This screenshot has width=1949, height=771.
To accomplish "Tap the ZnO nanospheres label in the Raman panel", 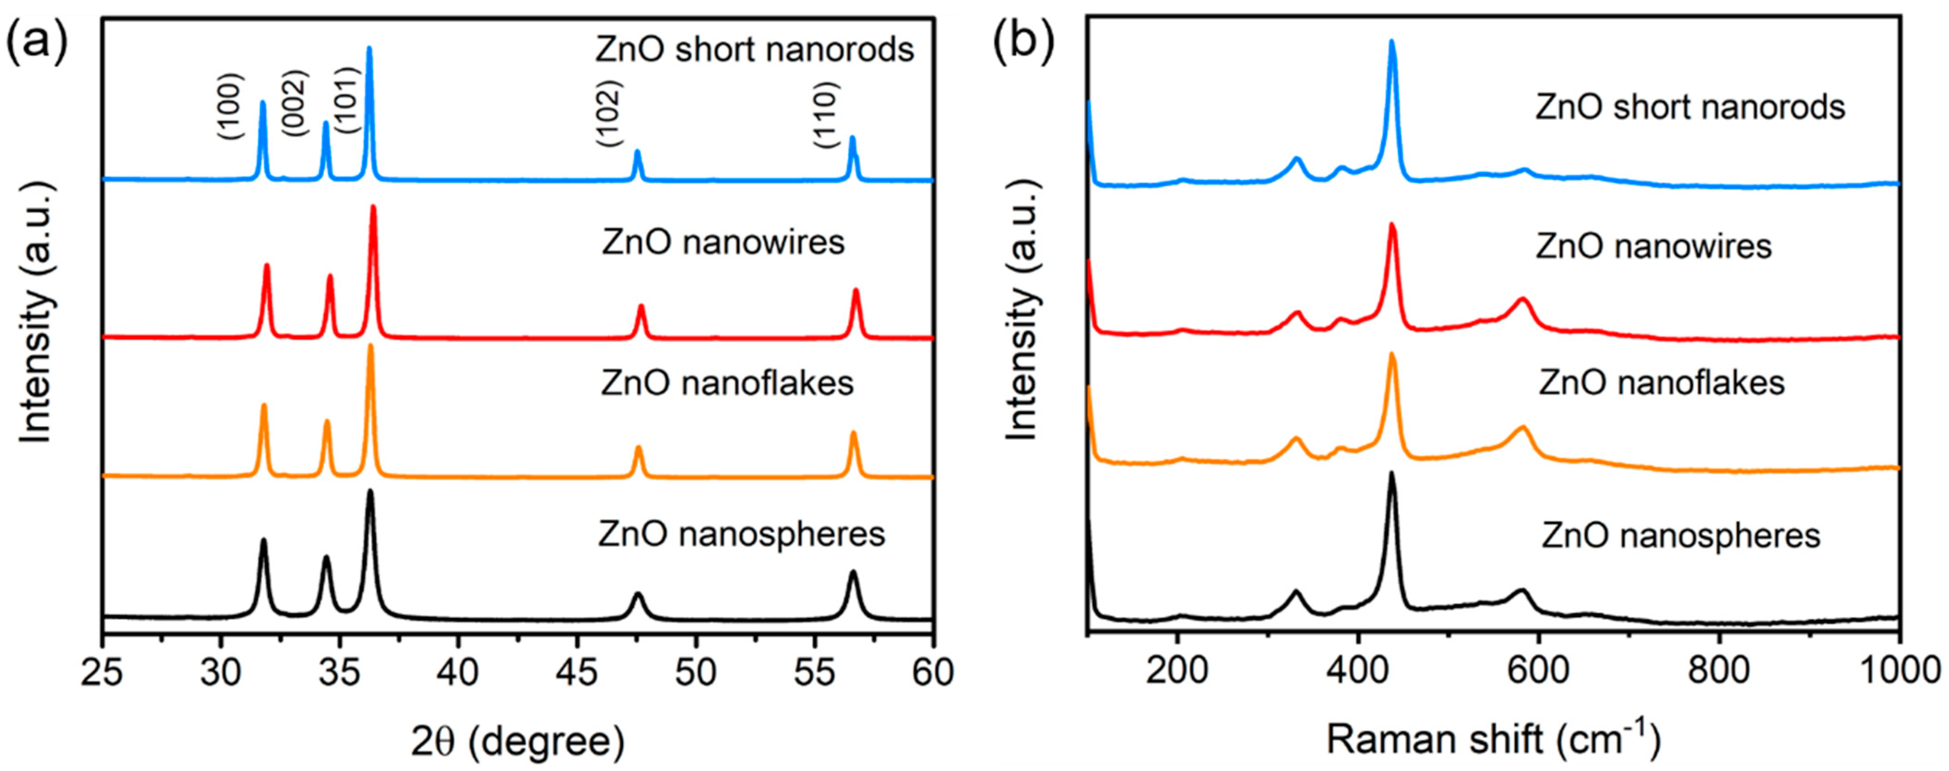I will [x=1681, y=536].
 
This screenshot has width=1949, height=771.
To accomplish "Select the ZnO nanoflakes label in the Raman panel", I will [x=1662, y=383].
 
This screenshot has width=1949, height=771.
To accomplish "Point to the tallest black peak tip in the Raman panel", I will [x=1391, y=474].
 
